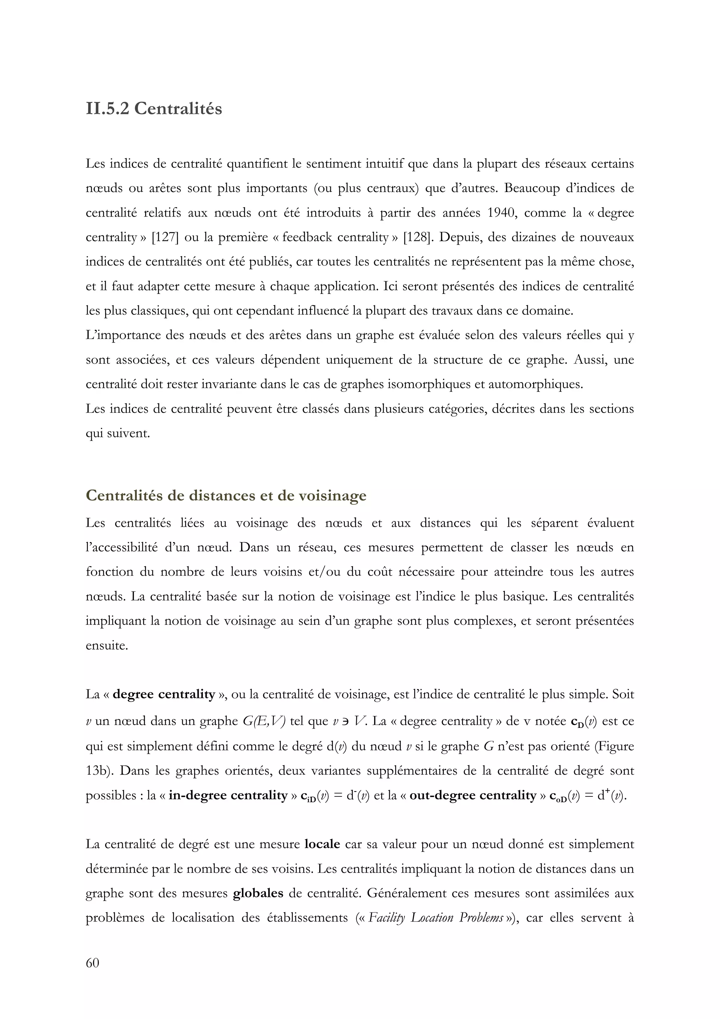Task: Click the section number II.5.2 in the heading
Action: point(107,109)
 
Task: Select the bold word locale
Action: point(322,844)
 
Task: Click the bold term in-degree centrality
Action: point(228,795)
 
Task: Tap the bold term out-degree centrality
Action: point(473,795)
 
